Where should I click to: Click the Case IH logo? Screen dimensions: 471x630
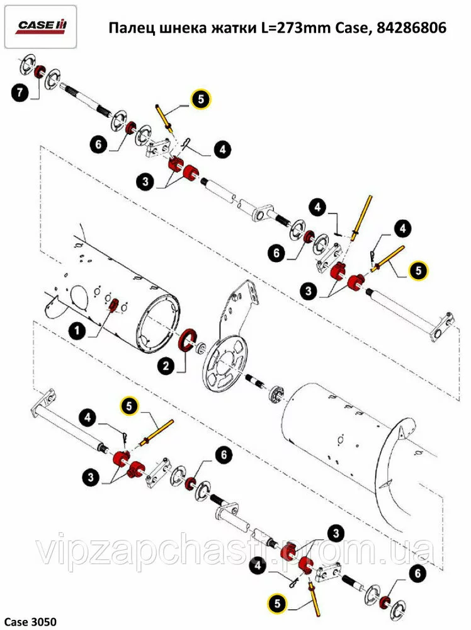pyautogui.click(x=40, y=26)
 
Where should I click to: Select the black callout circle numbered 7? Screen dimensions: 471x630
pyautogui.click(x=20, y=93)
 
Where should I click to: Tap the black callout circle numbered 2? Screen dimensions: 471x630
pyautogui.click(x=166, y=365)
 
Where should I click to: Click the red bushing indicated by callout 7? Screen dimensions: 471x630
pyautogui.click(x=39, y=72)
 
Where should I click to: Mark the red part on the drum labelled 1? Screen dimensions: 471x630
pyautogui.click(x=113, y=305)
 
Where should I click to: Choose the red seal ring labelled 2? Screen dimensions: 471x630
pyautogui.click(x=188, y=340)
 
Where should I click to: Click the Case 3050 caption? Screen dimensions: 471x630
pyautogui.click(x=30, y=622)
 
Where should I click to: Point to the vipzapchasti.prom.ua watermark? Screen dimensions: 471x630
pyautogui.click(x=235, y=547)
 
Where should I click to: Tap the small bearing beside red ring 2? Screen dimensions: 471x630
pyautogui.click(x=201, y=348)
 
